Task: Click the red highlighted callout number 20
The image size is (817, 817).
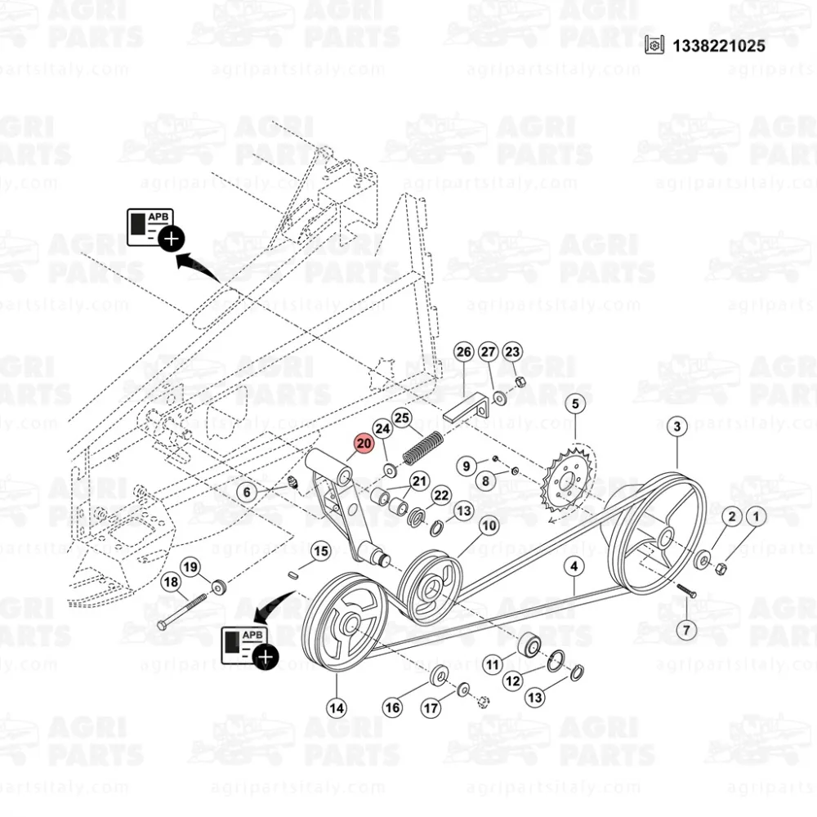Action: pos(364,444)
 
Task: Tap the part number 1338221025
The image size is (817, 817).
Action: pos(718,46)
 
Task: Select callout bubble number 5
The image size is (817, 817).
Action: pos(575,404)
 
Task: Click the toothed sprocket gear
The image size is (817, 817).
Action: pos(569,481)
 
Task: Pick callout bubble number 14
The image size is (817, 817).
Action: pos(337,708)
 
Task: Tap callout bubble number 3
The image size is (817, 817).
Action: pos(676,426)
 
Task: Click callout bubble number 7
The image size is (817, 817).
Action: pos(686,630)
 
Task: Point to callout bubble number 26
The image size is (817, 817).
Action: pos(463,352)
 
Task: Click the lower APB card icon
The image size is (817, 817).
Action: pos(250,647)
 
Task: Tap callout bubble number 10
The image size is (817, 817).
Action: pos(489,525)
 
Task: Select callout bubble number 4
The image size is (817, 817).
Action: pos(574,566)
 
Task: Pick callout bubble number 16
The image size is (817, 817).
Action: pos(392,707)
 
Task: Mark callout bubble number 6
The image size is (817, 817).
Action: pos(247,492)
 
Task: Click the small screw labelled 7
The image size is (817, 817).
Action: pos(687,591)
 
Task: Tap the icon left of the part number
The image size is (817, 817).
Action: pos(654,45)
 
